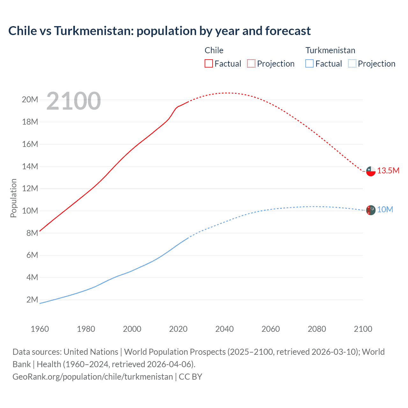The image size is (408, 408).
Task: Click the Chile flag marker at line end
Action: (x=371, y=171)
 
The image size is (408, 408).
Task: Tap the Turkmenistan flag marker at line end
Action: (x=371, y=210)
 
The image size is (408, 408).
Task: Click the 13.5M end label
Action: (x=388, y=171)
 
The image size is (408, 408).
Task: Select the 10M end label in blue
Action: (x=385, y=210)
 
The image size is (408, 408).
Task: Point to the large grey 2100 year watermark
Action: (x=74, y=101)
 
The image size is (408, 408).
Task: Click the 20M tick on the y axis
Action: (x=30, y=100)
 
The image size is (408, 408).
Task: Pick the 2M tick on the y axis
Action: (x=32, y=300)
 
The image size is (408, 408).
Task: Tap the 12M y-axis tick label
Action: (x=30, y=188)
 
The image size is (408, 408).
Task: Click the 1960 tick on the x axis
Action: (x=40, y=329)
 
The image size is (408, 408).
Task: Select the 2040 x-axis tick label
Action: (x=224, y=329)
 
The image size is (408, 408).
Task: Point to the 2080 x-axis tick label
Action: (x=317, y=329)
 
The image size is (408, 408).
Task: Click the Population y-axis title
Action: (x=13, y=198)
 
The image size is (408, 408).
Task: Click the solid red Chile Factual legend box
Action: (x=209, y=63)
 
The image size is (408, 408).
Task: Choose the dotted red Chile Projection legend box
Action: (x=251, y=63)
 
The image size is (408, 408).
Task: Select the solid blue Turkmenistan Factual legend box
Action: (x=310, y=63)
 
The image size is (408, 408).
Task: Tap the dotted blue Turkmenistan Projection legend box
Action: (x=352, y=63)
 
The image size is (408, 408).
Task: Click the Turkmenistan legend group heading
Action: (x=330, y=50)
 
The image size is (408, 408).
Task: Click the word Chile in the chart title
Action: (x=23, y=31)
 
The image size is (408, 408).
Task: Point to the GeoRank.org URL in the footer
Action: (x=92, y=377)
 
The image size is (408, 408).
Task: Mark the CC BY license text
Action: (x=190, y=377)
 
